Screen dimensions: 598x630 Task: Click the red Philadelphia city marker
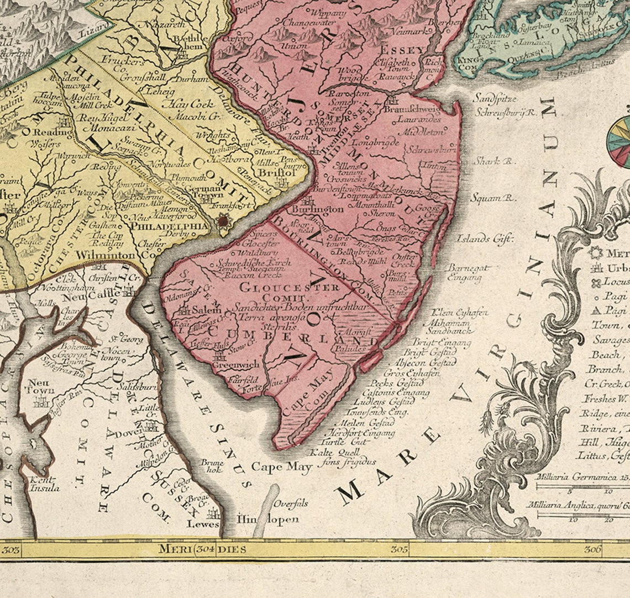224,221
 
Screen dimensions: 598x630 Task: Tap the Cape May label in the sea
282,467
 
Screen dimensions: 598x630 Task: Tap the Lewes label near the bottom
203,523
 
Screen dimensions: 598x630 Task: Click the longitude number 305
399,549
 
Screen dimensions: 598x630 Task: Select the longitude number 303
11,549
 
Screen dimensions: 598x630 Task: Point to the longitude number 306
593,549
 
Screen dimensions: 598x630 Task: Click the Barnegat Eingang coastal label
469,273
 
